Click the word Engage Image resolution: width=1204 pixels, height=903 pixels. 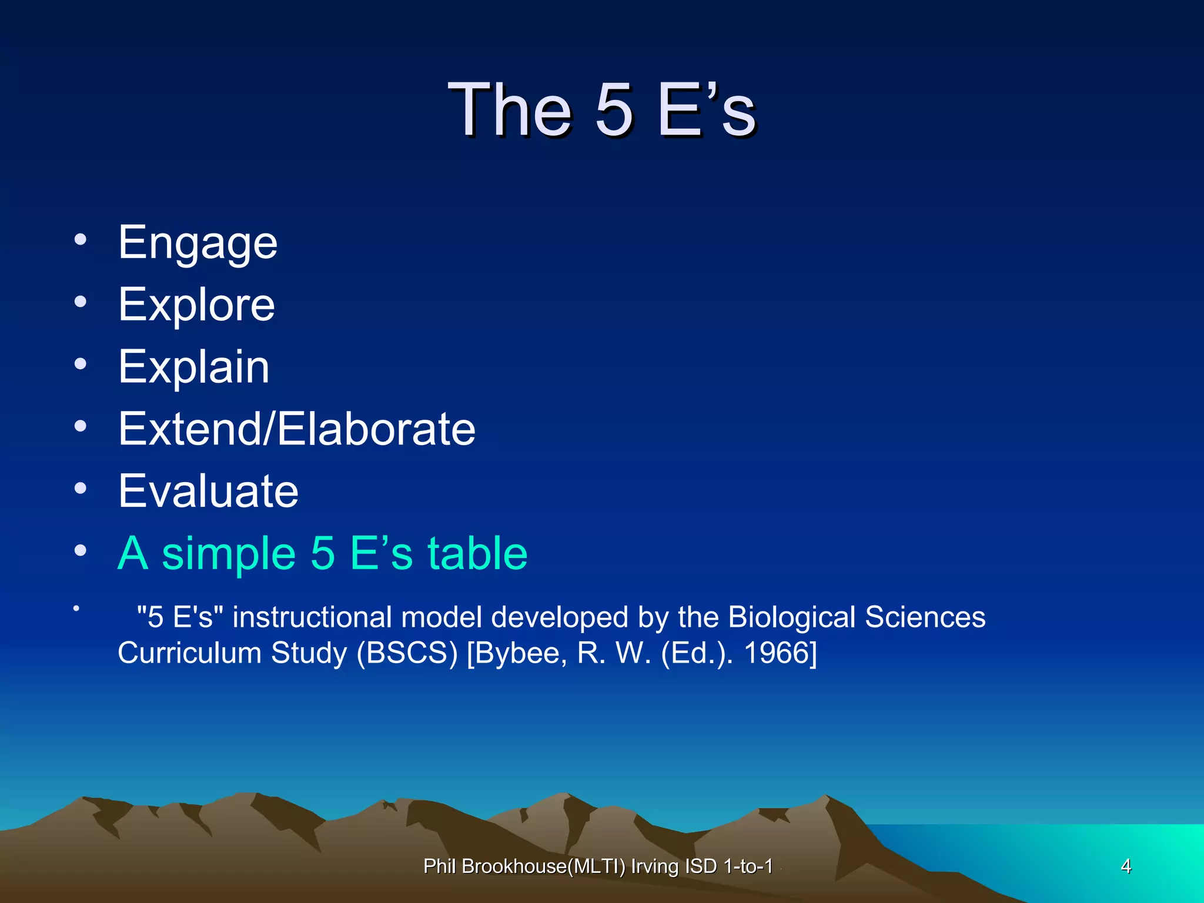(198, 243)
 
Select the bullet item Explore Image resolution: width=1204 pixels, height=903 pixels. (196, 305)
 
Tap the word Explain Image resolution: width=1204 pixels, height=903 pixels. (193, 367)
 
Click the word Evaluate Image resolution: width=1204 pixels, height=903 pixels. (208, 491)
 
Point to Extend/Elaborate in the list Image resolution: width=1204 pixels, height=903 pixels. (296, 429)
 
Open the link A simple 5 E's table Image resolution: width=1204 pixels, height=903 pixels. (322, 553)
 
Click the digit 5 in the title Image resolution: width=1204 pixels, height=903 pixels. (614, 110)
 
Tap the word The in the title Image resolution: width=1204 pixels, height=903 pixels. (509, 110)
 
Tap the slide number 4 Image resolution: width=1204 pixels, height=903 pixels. (1126, 866)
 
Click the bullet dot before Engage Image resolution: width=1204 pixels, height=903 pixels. (81, 240)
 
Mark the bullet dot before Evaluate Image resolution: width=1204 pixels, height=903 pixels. (81, 488)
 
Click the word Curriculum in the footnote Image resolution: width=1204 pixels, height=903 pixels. (189, 653)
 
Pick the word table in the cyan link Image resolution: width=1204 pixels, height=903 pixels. (477, 553)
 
